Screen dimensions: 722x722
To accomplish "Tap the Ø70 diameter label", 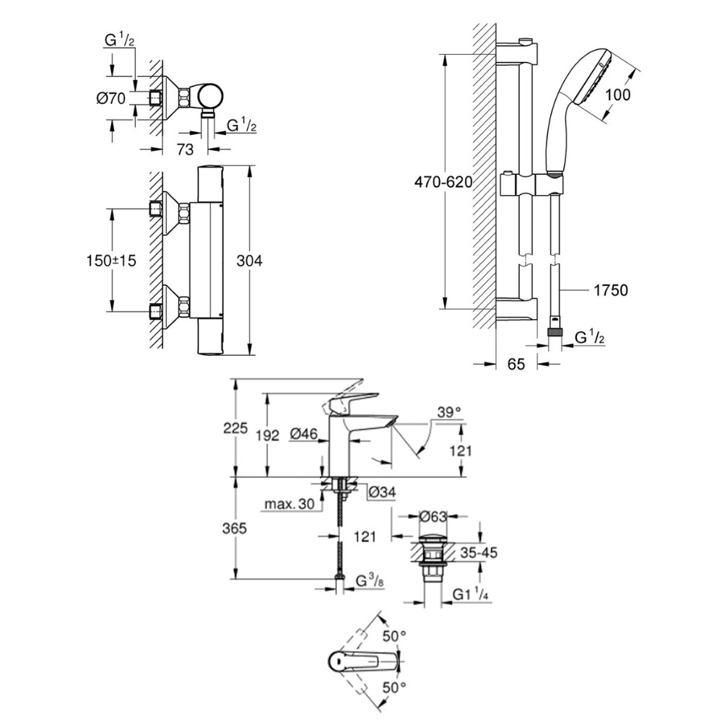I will click(112, 98).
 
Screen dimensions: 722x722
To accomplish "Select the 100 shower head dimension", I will click(617, 94).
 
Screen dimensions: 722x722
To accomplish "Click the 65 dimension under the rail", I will click(516, 365).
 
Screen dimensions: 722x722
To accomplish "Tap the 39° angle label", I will click(448, 412).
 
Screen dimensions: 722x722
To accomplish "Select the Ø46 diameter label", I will click(305, 434).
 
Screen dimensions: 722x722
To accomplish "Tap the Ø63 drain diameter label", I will click(434, 516).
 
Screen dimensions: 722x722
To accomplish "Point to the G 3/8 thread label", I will click(373, 580).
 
